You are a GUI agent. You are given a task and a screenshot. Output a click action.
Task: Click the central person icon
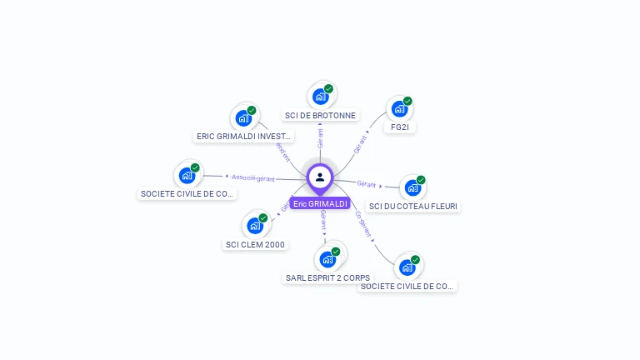point(320,177)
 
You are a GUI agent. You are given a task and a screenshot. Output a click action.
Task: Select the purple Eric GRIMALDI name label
point(320,203)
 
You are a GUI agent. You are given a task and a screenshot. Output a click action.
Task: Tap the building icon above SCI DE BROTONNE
point(320,97)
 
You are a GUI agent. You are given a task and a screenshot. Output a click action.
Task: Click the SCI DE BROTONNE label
point(320,116)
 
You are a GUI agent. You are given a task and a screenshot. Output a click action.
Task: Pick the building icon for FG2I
point(399,109)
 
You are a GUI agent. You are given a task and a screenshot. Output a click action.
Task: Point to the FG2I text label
point(399,127)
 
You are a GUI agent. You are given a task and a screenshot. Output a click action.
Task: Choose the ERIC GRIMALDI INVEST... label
point(243,136)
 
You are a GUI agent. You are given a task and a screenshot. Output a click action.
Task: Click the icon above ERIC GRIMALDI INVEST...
point(243,117)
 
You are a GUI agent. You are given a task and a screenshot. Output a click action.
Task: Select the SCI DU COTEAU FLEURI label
point(413,206)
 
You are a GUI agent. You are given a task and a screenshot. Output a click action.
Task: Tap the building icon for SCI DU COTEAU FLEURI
point(412,187)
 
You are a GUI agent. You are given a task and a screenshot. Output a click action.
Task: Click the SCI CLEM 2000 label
point(255,244)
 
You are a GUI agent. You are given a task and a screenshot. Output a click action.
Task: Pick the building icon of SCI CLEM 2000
point(255,225)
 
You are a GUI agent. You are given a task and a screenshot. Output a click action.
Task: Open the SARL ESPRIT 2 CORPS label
point(327,277)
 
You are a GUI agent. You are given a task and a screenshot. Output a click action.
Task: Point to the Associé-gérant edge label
point(253,177)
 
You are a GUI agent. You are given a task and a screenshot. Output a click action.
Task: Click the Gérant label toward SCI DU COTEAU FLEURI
point(367,183)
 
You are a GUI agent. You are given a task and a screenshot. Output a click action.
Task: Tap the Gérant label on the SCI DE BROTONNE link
point(320,137)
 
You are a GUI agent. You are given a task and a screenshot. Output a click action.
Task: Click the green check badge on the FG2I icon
point(407,101)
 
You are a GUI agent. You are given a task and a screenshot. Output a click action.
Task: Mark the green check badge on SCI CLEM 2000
point(262,217)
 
